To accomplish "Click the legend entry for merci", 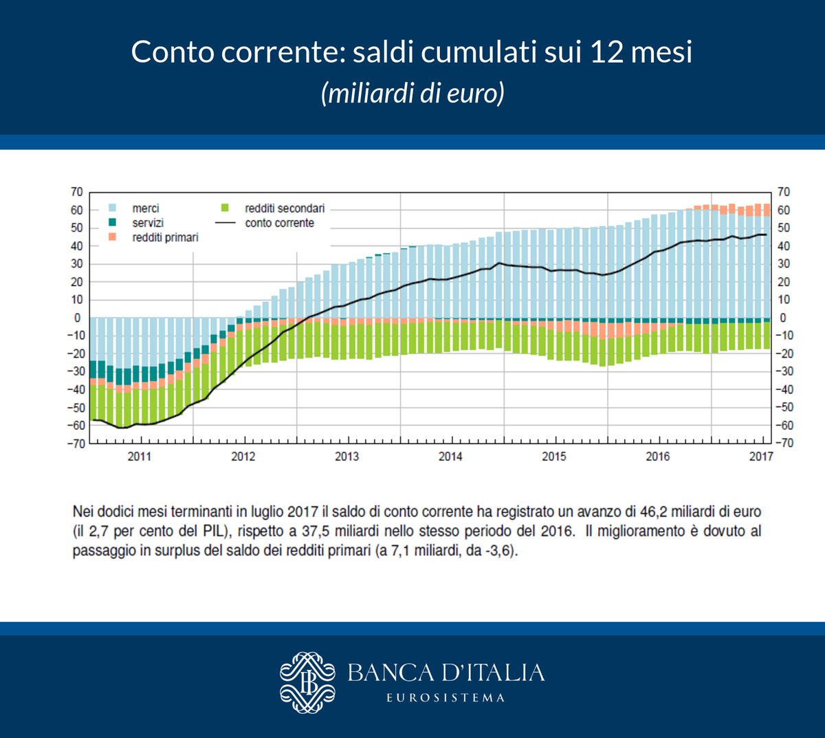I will tap(145, 208).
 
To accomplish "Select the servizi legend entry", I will tap(148, 223).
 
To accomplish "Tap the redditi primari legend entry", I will tap(165, 237).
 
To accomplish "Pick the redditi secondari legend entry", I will tap(284, 208).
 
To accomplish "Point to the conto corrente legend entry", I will tap(279, 223).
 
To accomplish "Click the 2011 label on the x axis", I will tap(140, 456).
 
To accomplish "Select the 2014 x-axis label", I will tap(450, 456).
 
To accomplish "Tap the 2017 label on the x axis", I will tap(761, 456).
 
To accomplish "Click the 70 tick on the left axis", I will tap(76, 192).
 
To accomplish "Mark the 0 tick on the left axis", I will tap(78, 318).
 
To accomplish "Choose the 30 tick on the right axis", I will tap(784, 263).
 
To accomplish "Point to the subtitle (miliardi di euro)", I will tap(412, 93).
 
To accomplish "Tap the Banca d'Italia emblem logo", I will tap(307, 682).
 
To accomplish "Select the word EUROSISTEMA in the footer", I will tap(445, 697).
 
